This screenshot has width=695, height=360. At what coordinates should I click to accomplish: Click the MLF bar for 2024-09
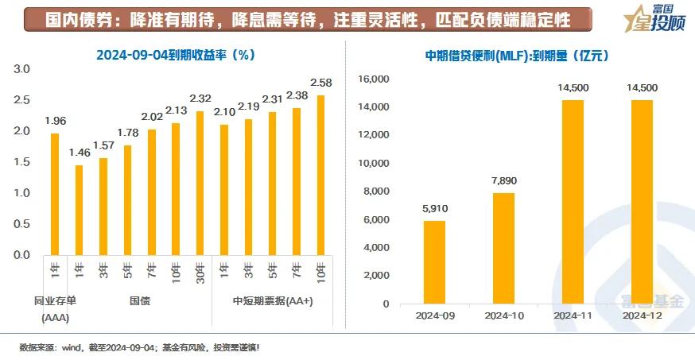pyautogui.click(x=433, y=262)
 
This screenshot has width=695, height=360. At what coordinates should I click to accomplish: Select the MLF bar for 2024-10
pyautogui.click(x=503, y=248)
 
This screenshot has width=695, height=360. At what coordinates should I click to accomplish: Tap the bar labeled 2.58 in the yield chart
pyautogui.click(x=320, y=175)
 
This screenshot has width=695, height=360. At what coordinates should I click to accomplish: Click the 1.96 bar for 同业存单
pyautogui.click(x=55, y=194)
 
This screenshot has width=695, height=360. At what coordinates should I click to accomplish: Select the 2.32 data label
pyautogui.click(x=200, y=99)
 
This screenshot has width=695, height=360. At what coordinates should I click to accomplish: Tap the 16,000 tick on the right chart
pyautogui.click(x=373, y=79)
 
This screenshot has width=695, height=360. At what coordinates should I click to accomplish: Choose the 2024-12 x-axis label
pyautogui.click(x=642, y=315)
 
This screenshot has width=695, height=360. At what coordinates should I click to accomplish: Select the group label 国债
pyautogui.click(x=140, y=301)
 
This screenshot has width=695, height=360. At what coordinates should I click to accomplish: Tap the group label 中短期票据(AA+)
pyautogui.click(x=272, y=301)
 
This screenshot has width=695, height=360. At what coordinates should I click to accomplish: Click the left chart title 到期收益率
pyautogui.click(x=174, y=56)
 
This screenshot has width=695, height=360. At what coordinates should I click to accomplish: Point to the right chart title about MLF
pyautogui.click(x=517, y=56)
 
